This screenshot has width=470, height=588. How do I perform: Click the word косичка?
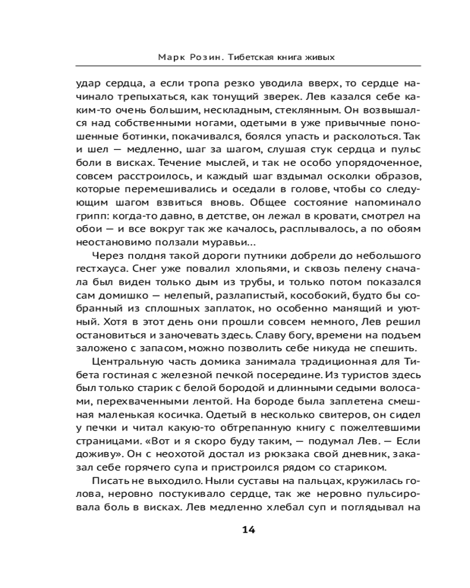165,412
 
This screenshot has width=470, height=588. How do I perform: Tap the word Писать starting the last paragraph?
106,480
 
